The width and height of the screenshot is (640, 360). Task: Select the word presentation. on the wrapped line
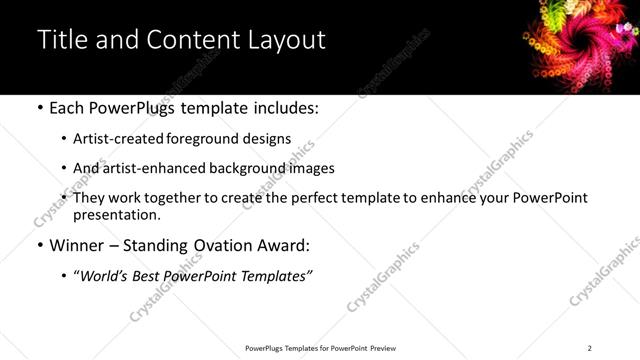coord(116,214)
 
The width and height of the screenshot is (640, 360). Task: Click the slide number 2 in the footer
coord(589,347)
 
